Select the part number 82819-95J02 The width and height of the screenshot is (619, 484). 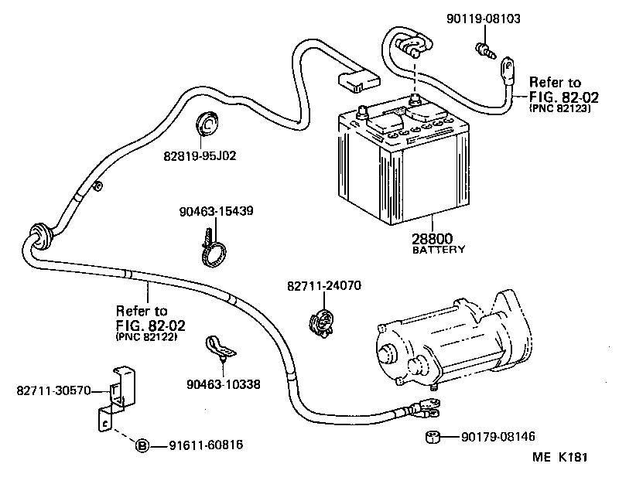tap(199, 155)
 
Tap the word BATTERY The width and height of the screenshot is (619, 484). tap(439, 250)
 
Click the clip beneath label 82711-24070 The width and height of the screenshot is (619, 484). tap(321, 322)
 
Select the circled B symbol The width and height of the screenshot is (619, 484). tap(142, 445)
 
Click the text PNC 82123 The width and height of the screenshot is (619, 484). tap(559, 109)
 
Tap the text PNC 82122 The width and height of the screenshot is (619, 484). tap(146, 337)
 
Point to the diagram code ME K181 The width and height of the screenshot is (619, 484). tap(560, 457)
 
